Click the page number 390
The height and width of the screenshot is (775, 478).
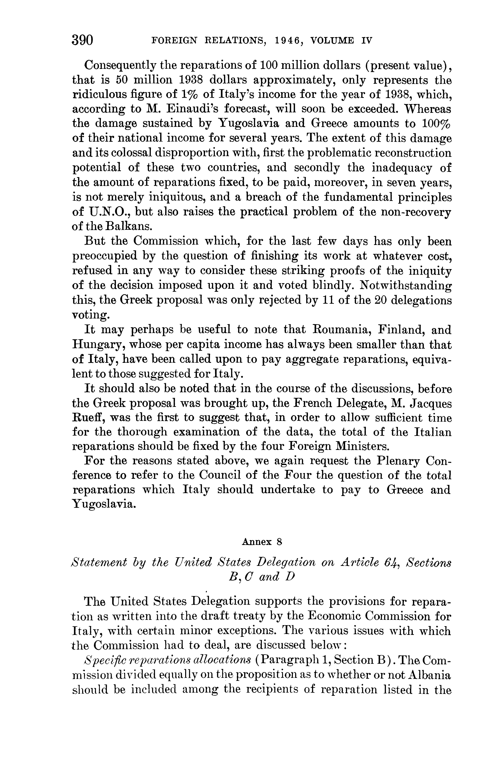83,40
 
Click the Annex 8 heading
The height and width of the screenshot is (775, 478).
261,542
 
